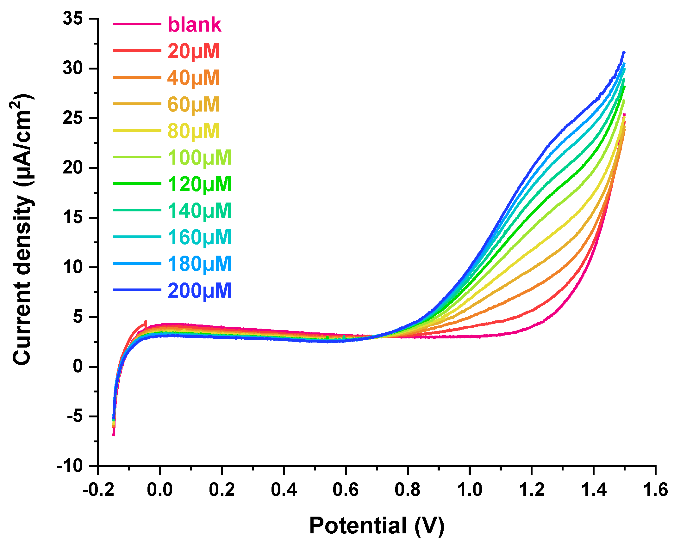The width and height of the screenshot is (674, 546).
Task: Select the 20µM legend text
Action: (193, 51)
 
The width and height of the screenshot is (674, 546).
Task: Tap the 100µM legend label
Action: (199, 157)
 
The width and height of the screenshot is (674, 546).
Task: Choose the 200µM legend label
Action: (199, 290)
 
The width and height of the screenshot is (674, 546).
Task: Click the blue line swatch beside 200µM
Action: (137, 290)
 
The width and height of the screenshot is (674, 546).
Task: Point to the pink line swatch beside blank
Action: (137, 24)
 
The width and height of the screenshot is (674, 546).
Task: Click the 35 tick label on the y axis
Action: (72, 18)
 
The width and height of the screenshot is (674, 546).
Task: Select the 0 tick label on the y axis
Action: (78, 367)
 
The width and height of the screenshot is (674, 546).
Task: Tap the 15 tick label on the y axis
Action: (72, 217)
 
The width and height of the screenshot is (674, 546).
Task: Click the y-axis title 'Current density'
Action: (22, 278)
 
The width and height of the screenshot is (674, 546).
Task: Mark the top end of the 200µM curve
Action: (624, 52)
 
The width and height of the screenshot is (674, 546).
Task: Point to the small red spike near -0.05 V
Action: (146, 322)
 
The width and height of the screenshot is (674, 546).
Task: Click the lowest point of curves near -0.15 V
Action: (114, 435)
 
